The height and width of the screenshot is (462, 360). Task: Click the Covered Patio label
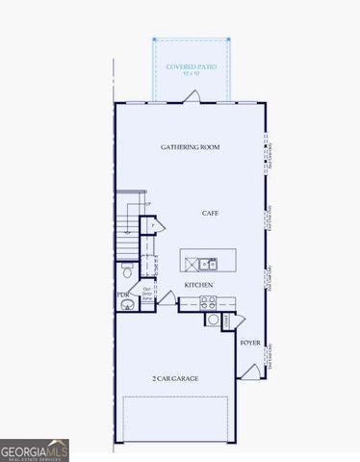click(192, 66)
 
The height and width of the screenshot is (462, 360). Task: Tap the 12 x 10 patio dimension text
click(192, 74)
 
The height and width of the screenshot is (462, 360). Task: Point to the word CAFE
click(211, 213)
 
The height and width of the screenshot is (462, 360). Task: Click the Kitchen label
click(198, 285)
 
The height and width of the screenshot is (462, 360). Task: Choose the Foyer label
click(250, 341)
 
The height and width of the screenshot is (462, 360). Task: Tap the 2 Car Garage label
click(174, 378)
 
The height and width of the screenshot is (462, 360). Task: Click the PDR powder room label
click(122, 295)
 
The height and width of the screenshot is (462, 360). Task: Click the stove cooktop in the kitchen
click(210, 303)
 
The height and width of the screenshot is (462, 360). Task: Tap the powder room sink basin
click(127, 306)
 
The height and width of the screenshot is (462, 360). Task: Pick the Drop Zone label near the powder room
click(148, 295)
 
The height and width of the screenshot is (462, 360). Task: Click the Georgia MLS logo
click(35, 449)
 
